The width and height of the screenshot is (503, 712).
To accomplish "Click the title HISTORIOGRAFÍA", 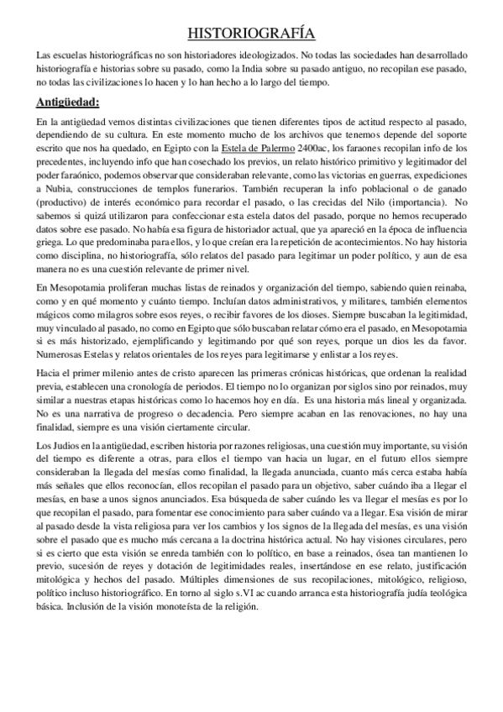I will [250, 34].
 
